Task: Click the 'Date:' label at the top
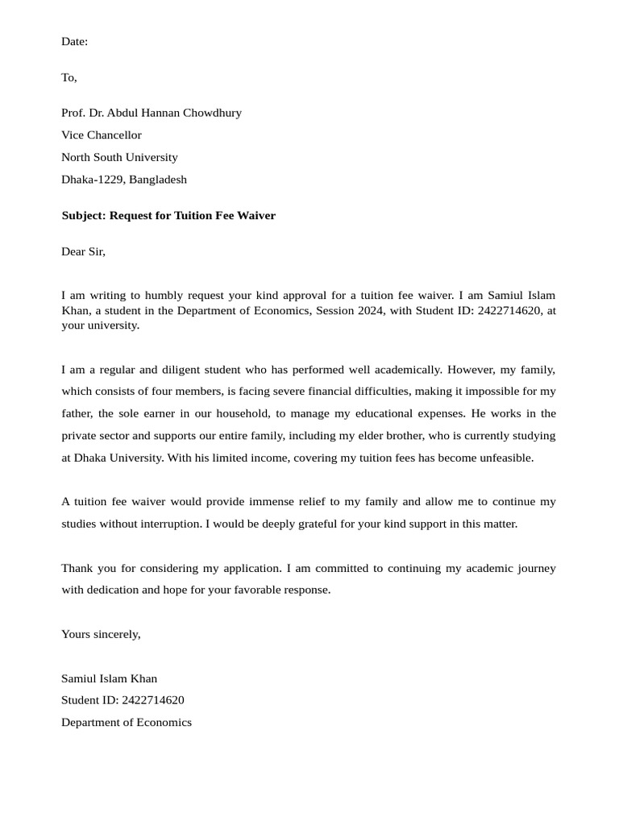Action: point(74,41)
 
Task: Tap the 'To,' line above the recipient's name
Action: point(69,77)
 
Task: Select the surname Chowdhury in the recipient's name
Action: point(212,113)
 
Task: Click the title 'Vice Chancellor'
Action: point(102,135)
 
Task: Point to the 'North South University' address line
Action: point(119,157)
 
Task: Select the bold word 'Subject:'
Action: point(84,216)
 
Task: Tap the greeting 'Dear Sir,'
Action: point(83,251)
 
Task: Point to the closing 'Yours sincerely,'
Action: point(101,634)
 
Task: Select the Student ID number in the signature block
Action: point(153,700)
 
